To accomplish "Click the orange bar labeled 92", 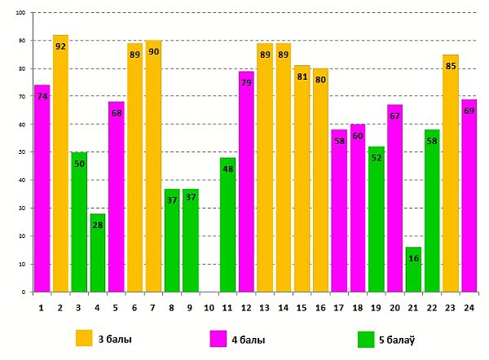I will pyautogui.click(x=60, y=163).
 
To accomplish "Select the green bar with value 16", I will pyautogui.click(x=413, y=269).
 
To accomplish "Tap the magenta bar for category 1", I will pyautogui.click(x=42, y=188).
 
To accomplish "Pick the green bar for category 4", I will pyautogui.click(x=97, y=252).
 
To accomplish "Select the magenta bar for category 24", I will pyautogui.click(x=469, y=195).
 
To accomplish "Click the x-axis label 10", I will pyautogui.click(x=209, y=309).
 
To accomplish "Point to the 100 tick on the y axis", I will pyautogui.click(x=20, y=13).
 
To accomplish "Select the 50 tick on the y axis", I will pyautogui.click(x=22, y=152).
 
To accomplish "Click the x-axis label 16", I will pyautogui.click(x=320, y=309).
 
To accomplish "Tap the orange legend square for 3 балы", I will pyautogui.click(x=84, y=338).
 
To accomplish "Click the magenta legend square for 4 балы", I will pyautogui.click(x=218, y=338).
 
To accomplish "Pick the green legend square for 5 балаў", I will pyautogui.click(x=366, y=338).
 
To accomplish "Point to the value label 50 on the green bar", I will pyautogui.click(x=79, y=164).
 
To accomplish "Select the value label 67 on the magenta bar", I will pyautogui.click(x=394, y=116).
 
